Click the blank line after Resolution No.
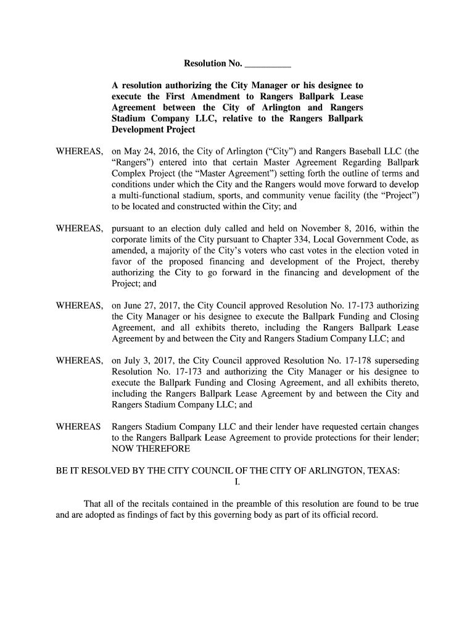click(268, 64)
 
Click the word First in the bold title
click(178, 96)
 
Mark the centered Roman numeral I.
click(238, 482)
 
